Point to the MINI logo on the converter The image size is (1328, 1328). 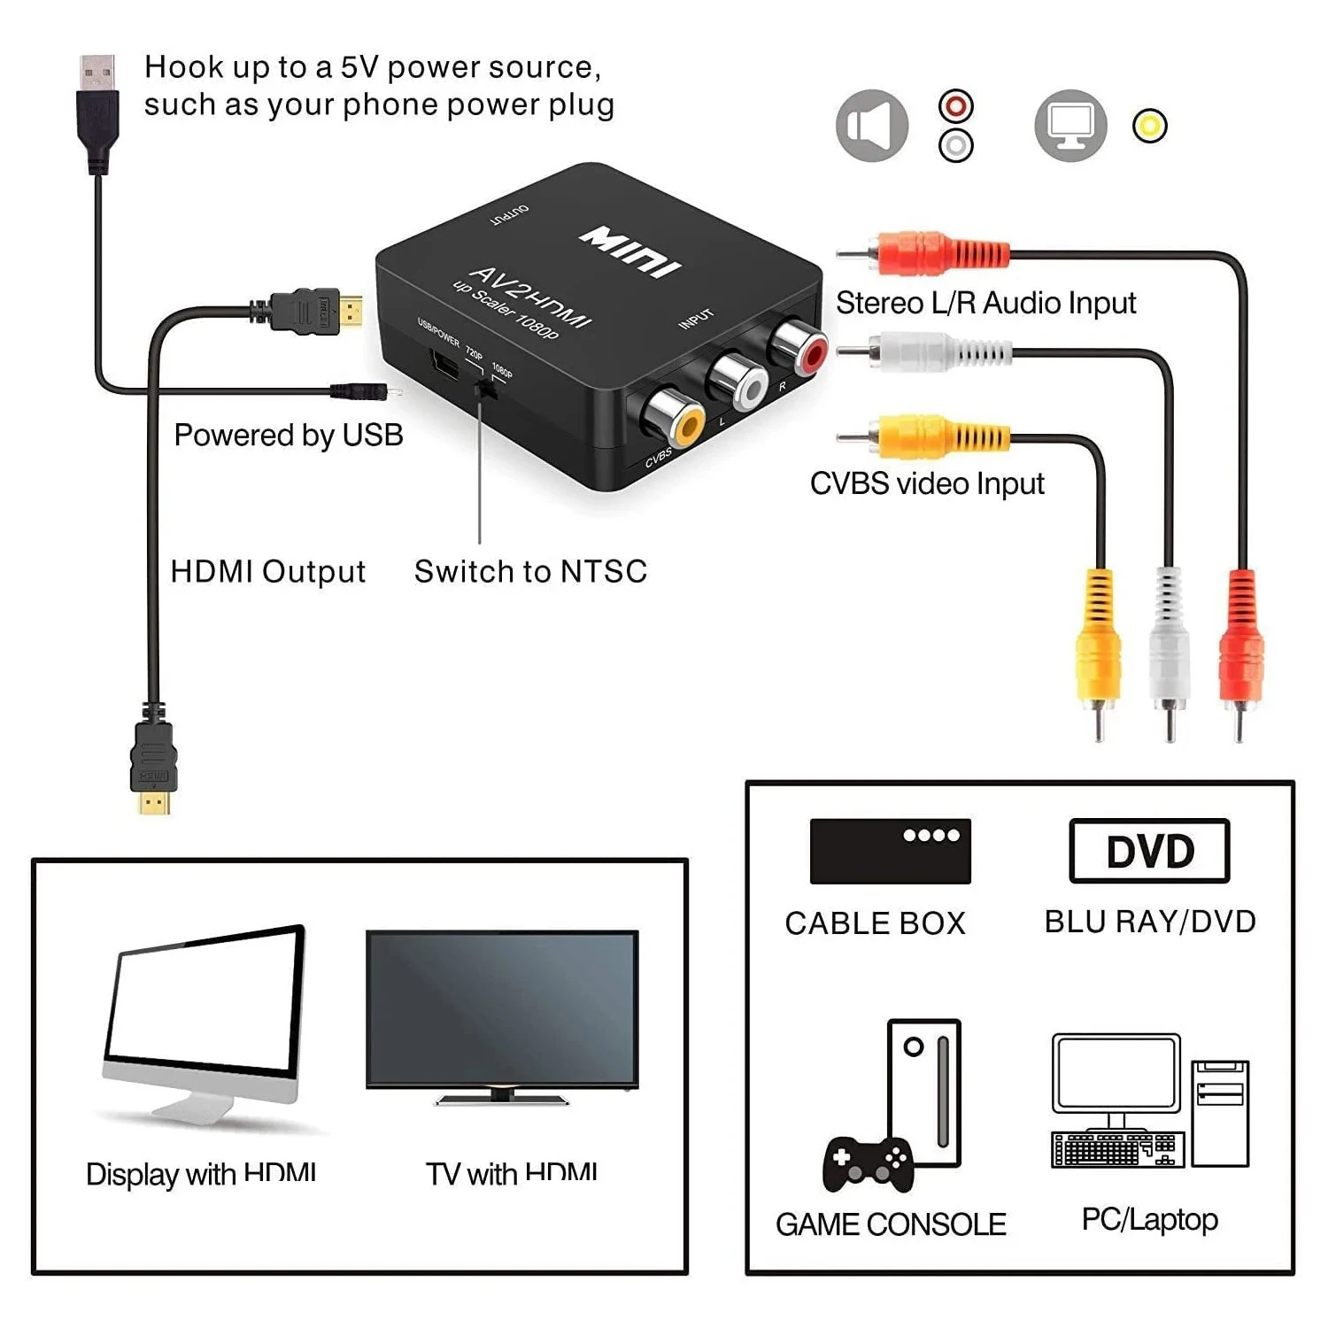(629, 251)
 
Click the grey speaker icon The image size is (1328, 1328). (872, 126)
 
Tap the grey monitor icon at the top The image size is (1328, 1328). (1070, 126)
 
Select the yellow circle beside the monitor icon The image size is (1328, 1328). (1149, 126)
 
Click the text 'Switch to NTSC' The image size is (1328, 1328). (530, 572)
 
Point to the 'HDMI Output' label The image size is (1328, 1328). (267, 572)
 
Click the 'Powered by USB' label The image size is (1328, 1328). (289, 436)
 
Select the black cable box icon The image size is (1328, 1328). (890, 851)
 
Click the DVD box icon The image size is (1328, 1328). (1149, 851)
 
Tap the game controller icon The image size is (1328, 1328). (868, 1163)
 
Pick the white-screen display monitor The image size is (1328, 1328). (205, 1018)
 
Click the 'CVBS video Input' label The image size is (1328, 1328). (927, 483)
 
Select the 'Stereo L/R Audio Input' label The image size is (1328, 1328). (985, 303)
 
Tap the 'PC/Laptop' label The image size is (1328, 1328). (1149, 1219)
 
